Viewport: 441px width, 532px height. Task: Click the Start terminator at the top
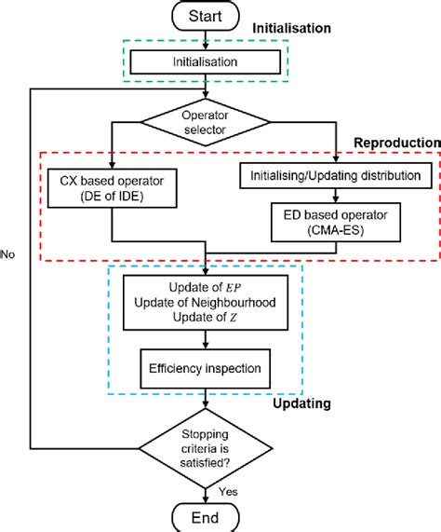click(206, 17)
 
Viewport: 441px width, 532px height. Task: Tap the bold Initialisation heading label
click(291, 29)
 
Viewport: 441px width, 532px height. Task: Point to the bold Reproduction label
click(394, 142)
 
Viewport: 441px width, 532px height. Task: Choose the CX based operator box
click(112, 187)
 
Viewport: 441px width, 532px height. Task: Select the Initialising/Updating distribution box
click(337, 173)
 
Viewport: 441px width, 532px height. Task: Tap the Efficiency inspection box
click(206, 368)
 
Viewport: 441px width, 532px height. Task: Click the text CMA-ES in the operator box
click(337, 233)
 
